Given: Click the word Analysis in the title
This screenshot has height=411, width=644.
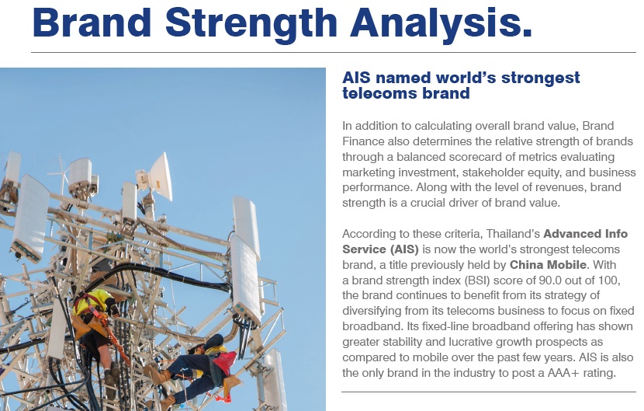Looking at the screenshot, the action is pyautogui.click(x=441, y=23).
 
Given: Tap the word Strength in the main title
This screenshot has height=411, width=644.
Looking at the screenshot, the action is pyautogui.click(x=251, y=23).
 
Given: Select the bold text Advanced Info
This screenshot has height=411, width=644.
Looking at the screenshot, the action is pyautogui.click(x=585, y=234).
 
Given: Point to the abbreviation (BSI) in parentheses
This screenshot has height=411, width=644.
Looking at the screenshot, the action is pyautogui.click(x=477, y=280).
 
